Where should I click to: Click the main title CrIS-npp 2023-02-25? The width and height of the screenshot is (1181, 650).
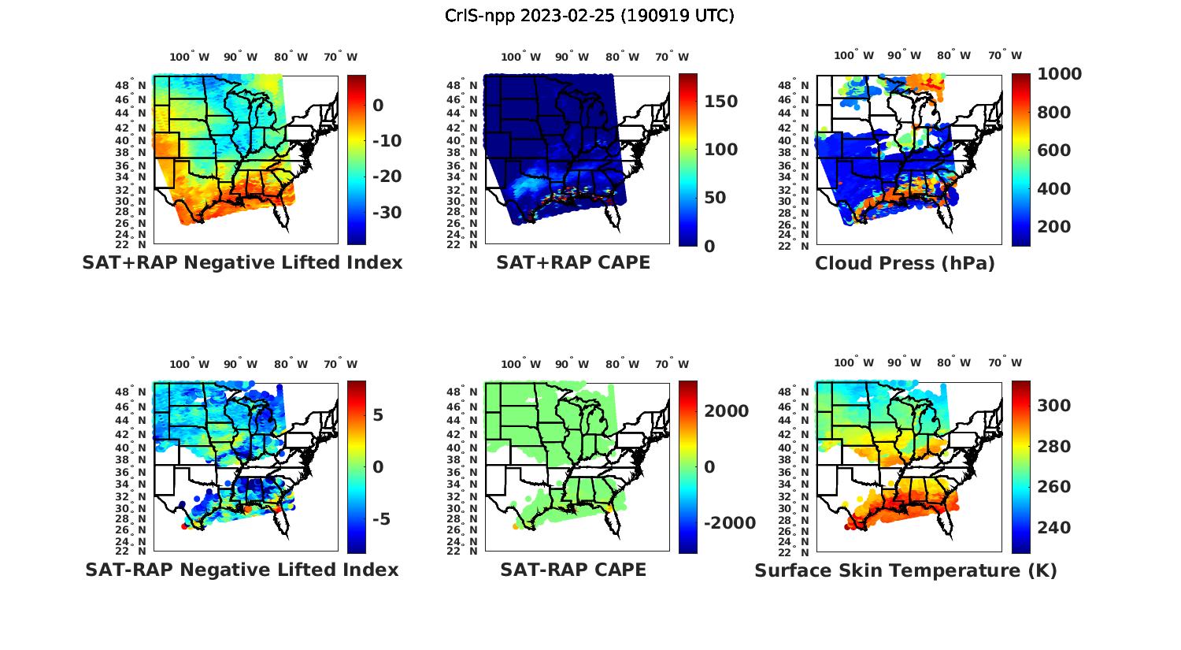coord(589,16)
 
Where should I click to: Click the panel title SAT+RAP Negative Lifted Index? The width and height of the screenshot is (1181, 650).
coord(242,262)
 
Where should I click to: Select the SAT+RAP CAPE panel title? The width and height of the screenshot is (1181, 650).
coord(573,262)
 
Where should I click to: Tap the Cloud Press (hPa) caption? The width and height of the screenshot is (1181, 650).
coord(905,263)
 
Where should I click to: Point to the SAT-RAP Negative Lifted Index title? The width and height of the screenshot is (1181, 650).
coord(242,570)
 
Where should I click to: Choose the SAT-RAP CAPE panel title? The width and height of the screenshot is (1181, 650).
coord(573,570)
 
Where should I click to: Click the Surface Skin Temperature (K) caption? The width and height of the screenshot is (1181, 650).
coord(905,570)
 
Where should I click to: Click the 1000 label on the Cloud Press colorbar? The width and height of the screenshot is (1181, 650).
coord(1059,74)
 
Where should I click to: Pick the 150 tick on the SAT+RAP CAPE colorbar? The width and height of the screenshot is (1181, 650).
coord(720,102)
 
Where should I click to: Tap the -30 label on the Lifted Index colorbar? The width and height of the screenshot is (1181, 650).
coord(387,213)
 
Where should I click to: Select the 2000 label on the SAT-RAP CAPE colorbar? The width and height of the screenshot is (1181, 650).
coord(726,411)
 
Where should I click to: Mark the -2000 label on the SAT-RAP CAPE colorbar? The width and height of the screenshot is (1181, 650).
coord(729,523)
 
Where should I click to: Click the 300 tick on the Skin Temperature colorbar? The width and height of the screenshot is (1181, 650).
coord(1053,406)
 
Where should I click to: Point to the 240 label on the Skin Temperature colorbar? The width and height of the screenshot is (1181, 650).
coord(1053,528)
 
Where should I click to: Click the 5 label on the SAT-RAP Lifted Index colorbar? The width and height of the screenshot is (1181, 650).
coord(378,414)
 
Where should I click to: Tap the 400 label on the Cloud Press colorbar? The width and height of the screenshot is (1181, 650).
coord(1053,189)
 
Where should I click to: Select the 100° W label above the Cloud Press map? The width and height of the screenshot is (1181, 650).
coord(853,56)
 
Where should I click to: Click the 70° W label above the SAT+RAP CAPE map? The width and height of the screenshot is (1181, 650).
coord(672,57)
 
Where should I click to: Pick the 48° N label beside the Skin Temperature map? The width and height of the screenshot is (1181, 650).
coord(793,392)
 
